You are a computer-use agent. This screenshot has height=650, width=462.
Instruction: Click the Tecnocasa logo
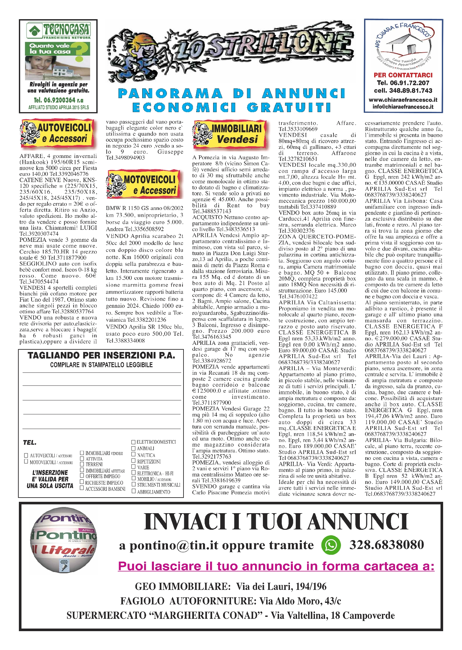(x=58, y=30)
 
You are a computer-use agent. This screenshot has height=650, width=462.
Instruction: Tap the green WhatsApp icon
(x=331, y=545)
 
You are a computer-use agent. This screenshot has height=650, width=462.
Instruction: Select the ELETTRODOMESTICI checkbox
(x=133, y=442)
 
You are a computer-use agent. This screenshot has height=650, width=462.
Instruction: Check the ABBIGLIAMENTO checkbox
(x=133, y=491)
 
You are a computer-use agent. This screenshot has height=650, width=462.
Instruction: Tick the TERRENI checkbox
(x=82, y=464)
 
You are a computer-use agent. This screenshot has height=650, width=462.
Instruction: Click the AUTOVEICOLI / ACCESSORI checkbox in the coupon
(x=26, y=455)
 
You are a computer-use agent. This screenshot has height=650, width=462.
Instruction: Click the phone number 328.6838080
(x=387, y=545)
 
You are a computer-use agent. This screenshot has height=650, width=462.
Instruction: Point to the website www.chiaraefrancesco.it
(x=403, y=100)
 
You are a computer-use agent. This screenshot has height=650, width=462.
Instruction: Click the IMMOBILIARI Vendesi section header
(x=231, y=134)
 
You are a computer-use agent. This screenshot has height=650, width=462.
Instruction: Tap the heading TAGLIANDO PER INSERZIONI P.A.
(x=101, y=356)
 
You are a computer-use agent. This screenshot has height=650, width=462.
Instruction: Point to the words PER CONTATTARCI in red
(x=403, y=75)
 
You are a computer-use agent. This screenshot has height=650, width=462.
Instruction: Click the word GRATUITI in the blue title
(x=289, y=107)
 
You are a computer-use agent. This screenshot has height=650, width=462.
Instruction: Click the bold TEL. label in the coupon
(x=30, y=443)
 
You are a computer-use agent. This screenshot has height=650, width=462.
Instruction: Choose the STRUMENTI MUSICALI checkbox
(x=133, y=484)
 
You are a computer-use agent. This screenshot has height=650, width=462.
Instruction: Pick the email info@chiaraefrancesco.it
(x=403, y=107)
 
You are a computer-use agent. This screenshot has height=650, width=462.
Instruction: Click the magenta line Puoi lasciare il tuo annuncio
(x=276, y=566)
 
